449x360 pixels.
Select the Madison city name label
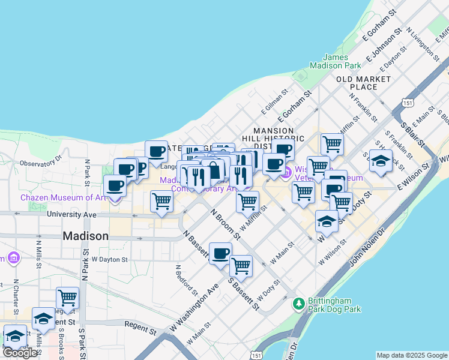tap(86, 236)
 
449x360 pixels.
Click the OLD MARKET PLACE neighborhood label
tap(364, 83)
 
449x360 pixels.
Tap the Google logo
tap(19, 353)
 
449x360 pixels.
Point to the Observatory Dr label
tap(41, 162)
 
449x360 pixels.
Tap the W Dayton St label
tap(110, 259)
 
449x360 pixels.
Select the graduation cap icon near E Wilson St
tap(380, 160)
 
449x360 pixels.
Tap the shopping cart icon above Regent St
tap(68, 296)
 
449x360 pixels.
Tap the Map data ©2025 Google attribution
tap(412, 355)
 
